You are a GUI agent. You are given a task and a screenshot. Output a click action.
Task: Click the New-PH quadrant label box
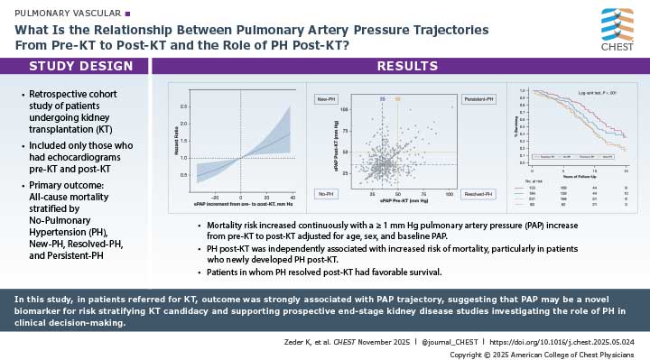coord(326,97)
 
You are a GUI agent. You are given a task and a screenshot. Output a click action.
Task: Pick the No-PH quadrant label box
coord(325,193)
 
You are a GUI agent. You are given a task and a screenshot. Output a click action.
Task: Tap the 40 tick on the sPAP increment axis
coord(292,196)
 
